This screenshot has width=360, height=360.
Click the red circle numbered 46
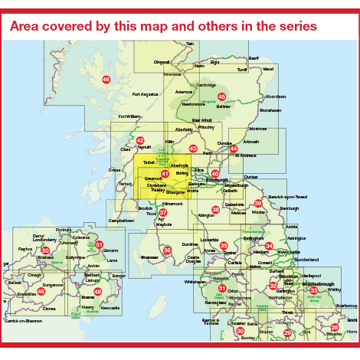106,79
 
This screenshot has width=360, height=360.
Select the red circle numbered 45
222,97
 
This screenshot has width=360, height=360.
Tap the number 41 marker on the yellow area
165,174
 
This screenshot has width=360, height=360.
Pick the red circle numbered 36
167,250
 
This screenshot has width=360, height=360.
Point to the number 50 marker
45,250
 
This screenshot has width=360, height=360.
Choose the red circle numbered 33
313,290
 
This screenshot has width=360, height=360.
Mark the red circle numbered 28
334,327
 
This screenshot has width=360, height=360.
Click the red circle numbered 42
139,140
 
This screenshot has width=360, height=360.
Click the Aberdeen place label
276,97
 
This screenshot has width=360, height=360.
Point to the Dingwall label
162,62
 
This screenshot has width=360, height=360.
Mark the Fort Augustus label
146,94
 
